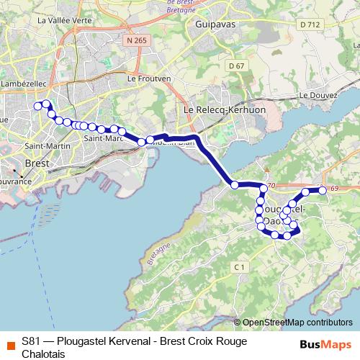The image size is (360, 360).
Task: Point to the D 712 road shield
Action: [x=309, y=24]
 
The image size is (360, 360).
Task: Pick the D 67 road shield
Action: [x=235, y=66]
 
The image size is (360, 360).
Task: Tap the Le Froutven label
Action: [x=148, y=78]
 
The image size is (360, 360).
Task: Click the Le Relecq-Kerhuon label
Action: [x=217, y=109]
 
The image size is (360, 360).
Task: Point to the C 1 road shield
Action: [x=240, y=267]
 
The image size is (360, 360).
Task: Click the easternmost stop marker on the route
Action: [x=323, y=190]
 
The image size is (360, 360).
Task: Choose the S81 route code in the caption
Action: [x=31, y=341]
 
